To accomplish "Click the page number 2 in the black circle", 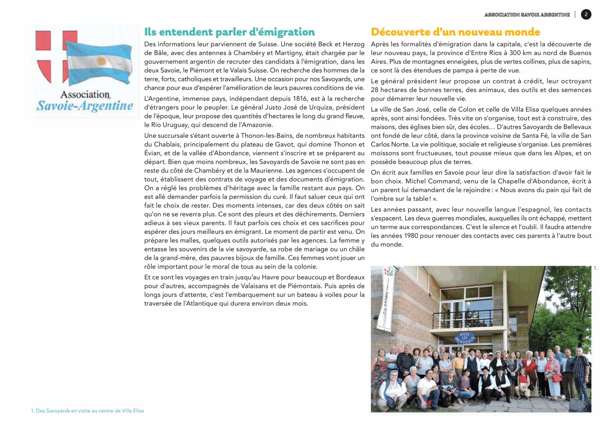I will [586, 14].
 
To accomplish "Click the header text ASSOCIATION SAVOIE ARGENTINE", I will [527, 15].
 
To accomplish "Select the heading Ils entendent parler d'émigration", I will [229, 32].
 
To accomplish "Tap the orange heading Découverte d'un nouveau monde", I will [455, 32].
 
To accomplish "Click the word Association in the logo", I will [85, 94].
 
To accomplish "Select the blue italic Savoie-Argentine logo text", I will [85, 106].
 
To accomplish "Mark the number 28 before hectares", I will [375, 90].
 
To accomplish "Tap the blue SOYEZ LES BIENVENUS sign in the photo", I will [464, 338].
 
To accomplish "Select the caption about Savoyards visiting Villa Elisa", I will [87, 411].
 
